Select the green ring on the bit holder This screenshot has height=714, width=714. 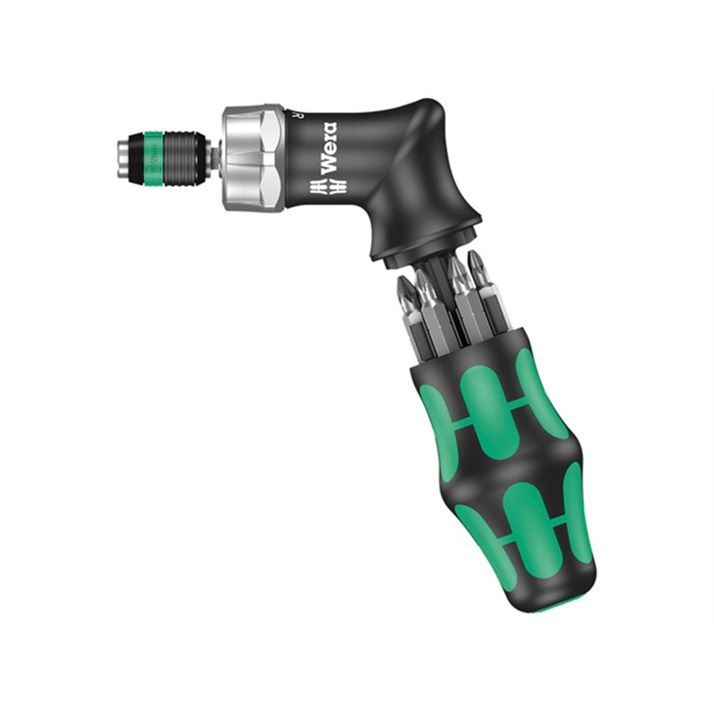[x=153, y=155]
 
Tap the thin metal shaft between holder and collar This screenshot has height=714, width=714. [x=214, y=158]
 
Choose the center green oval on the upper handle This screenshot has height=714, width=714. [x=486, y=402]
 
